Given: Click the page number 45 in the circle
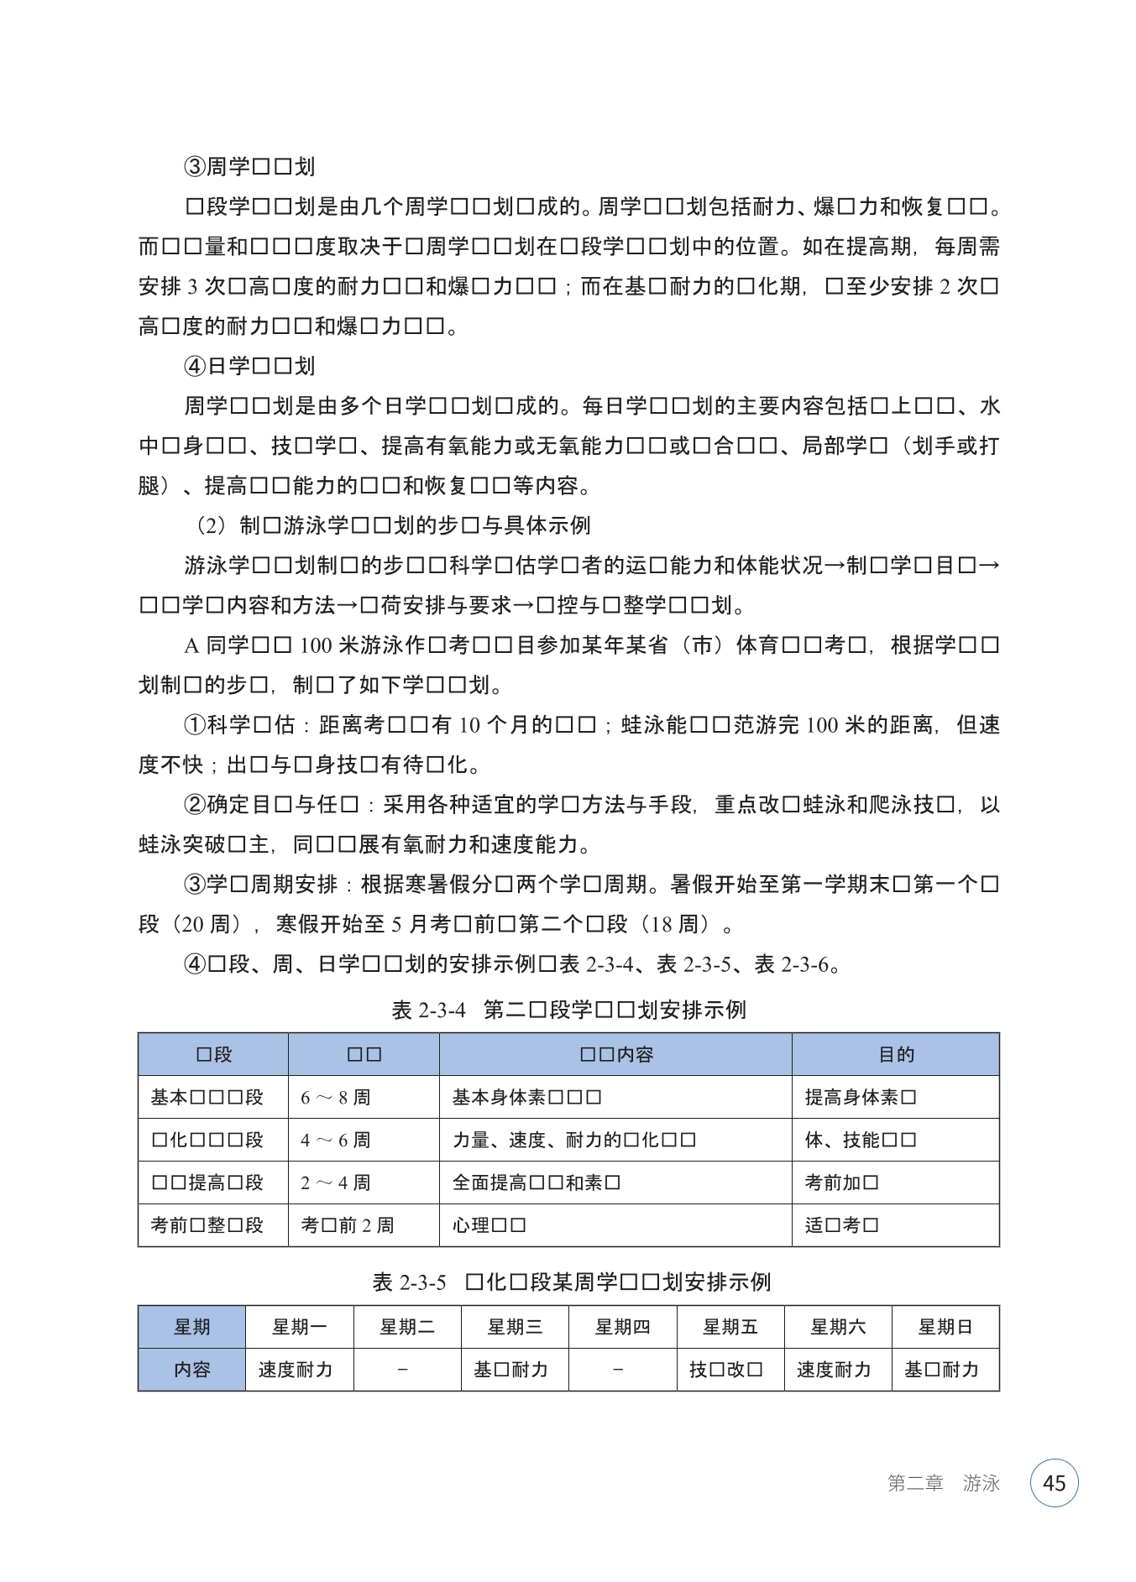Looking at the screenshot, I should coord(1054,1483).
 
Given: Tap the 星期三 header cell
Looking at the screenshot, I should coord(515,1327).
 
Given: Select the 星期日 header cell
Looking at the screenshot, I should coord(945,1327).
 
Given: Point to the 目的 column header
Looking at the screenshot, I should coord(896,1054).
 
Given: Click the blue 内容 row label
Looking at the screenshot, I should coord(191,1370).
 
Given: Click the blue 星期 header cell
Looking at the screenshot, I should coord(191,1327).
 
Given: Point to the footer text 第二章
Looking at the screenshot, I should coord(915,1483).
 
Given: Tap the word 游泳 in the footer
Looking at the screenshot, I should coord(981,1483).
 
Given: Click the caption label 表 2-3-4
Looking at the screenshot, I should coord(428,1010).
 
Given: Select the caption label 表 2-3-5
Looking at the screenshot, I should coord(409,1282).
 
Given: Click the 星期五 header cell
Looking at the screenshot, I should coord(730,1327).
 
